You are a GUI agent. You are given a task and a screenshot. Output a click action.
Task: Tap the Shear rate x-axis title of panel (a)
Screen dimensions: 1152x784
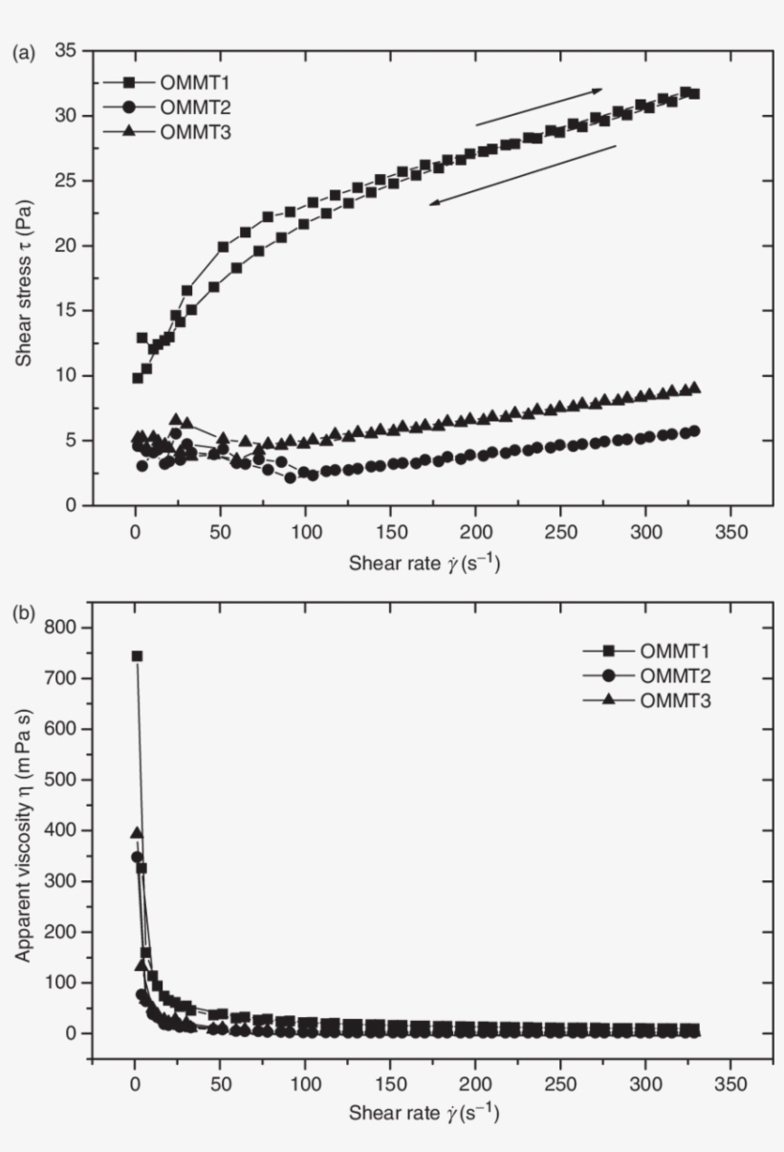pos(424,564)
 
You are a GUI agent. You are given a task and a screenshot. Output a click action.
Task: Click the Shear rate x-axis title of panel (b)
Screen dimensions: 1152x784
pos(424,1113)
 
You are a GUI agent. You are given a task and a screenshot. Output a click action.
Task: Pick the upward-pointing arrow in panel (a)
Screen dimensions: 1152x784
pos(539,106)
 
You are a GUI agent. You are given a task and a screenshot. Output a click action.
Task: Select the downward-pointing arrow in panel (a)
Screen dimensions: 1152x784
pos(522,174)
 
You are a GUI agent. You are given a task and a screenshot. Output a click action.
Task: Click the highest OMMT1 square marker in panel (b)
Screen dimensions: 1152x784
pos(137,656)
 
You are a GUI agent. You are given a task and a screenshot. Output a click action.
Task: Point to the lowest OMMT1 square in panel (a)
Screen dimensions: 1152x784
pos(137,378)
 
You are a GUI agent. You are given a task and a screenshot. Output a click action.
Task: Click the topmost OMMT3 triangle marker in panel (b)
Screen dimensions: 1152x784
pos(137,833)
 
